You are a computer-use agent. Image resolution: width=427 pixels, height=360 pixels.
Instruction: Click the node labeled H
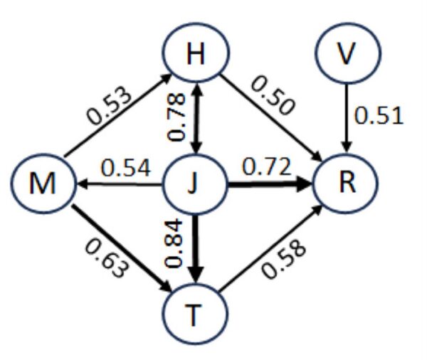[195, 55]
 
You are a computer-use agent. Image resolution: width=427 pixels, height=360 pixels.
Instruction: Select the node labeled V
[345, 55]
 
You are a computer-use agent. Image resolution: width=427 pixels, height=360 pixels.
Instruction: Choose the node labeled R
[345, 186]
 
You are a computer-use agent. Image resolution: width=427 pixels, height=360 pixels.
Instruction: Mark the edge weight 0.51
[379, 115]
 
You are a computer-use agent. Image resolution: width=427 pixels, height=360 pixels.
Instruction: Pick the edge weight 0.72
[267, 168]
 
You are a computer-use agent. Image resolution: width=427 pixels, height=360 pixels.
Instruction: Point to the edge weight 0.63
[107, 257]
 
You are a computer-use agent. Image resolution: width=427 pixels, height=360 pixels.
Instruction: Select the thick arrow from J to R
[270, 186]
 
